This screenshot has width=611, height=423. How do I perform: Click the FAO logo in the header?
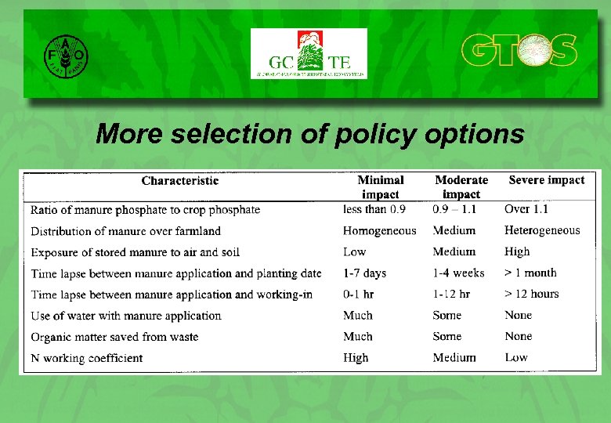(66, 55)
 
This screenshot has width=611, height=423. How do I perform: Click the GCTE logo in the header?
(308, 54)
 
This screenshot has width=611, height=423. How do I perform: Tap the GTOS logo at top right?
(519, 51)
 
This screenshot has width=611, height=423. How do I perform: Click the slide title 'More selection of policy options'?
(309, 134)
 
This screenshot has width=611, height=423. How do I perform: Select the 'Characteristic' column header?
(180, 181)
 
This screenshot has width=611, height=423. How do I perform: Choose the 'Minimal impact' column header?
(381, 187)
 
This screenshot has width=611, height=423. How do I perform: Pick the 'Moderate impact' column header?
(461, 187)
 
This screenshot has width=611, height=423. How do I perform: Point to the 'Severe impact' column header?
(546, 180)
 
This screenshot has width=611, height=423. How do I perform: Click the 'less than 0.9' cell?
(374, 209)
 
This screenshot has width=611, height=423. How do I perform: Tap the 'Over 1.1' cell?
(526, 209)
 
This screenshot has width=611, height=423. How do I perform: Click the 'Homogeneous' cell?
(379, 230)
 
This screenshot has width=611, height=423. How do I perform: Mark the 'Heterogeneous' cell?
(542, 230)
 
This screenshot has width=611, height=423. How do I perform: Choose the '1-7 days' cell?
(364, 273)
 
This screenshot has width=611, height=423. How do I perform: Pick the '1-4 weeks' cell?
(458, 273)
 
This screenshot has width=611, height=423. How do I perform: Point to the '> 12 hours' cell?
(532, 294)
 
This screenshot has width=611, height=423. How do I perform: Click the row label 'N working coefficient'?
(87, 358)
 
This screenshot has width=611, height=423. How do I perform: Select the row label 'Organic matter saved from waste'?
(114, 337)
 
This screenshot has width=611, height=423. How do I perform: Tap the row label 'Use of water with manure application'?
(126, 316)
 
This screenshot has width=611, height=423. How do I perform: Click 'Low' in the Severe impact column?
(516, 357)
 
